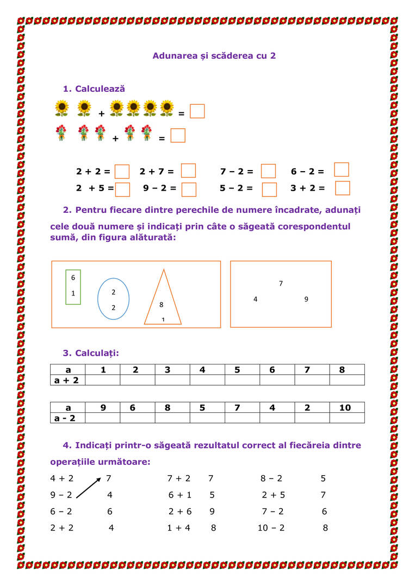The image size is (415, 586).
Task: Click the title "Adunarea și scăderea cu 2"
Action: [x=214, y=56]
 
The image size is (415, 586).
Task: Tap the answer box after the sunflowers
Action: [x=197, y=111]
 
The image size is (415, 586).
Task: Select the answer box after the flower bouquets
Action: [x=178, y=135]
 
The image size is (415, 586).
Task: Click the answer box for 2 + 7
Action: [x=188, y=171]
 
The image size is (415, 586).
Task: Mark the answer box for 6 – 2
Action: [x=342, y=170]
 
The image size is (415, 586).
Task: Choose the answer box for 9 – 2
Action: [x=189, y=190]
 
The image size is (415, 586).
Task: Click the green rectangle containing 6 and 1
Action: [x=73, y=286]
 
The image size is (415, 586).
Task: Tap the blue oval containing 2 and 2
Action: [x=113, y=299]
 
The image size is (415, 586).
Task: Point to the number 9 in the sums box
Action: [x=306, y=299]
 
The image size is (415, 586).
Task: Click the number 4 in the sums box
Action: [x=256, y=299]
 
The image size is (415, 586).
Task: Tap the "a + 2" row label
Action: [x=67, y=380]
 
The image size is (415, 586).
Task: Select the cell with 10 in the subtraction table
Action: [x=345, y=408]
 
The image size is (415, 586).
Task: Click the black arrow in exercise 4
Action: [x=89, y=487]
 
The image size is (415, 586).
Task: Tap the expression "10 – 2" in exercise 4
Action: [x=271, y=528]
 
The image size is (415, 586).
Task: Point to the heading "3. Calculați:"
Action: [x=91, y=354]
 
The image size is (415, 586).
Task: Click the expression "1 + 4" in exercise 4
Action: [x=178, y=528]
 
